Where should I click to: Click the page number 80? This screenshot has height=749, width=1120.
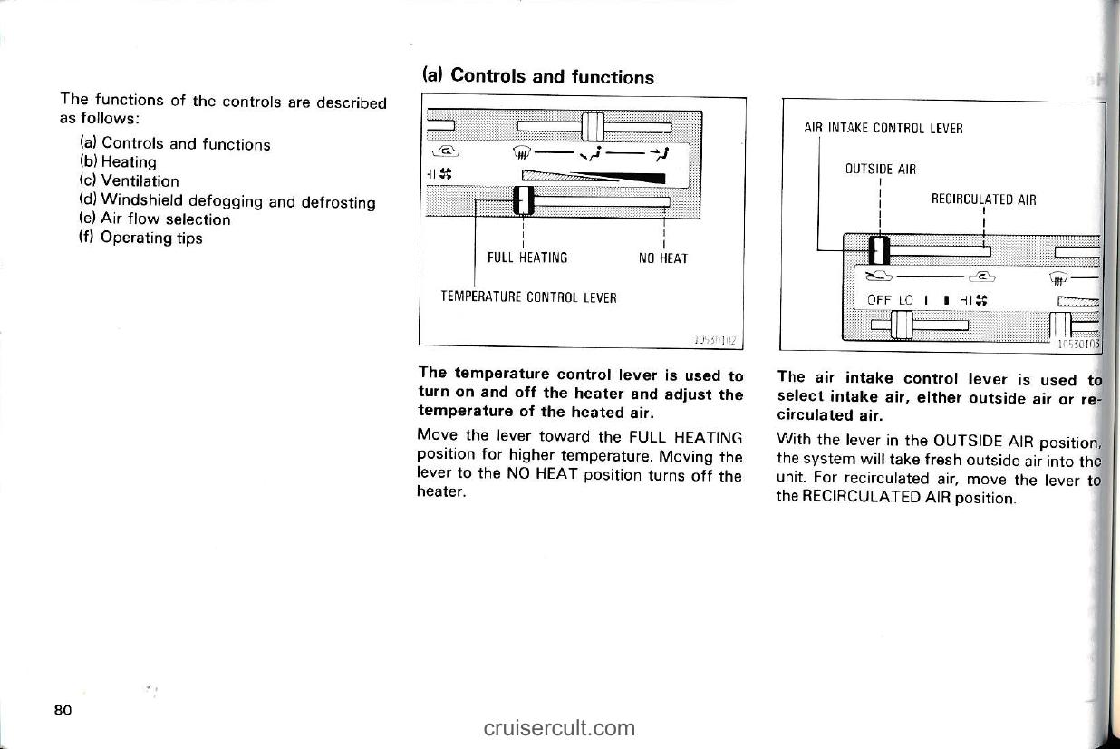tap(63, 709)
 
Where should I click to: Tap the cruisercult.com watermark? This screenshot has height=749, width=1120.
tap(559, 727)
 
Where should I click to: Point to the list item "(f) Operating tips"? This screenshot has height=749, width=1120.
tap(140, 238)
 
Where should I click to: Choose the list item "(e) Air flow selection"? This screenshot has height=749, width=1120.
tap(155, 219)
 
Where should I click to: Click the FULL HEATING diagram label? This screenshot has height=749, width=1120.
tap(527, 258)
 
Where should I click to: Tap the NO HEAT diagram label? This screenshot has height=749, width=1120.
tap(663, 258)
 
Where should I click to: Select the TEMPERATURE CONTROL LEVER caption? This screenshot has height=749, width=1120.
tap(528, 297)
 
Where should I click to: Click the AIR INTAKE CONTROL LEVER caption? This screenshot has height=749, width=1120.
tap(883, 129)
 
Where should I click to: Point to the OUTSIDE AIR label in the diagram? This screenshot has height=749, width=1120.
tap(880, 170)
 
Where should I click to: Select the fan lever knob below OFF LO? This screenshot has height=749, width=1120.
tap(901, 323)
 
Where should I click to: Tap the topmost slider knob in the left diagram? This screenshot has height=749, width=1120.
tap(592, 125)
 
